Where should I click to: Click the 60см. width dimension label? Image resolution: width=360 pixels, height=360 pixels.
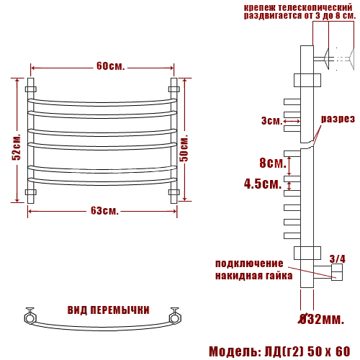pyautogui.click(x=111, y=66)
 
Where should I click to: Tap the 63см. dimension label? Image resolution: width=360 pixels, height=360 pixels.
pyautogui.click(x=104, y=211)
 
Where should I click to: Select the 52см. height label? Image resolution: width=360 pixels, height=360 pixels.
pyautogui.click(x=17, y=147)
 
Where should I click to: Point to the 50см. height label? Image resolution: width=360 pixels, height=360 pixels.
pyautogui.click(x=184, y=148)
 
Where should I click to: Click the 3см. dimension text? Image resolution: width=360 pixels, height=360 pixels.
pyautogui.click(x=272, y=120)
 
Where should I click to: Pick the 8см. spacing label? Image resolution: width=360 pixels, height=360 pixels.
pyautogui.click(x=273, y=163)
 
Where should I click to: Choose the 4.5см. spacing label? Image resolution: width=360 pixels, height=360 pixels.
pyautogui.click(x=263, y=184)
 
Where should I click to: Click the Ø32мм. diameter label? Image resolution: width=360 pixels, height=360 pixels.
pyautogui.click(x=322, y=319)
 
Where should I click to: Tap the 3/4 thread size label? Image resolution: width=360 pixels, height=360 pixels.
pyautogui.click(x=338, y=258)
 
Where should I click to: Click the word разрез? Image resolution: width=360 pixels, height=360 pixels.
pyautogui.click(x=338, y=119)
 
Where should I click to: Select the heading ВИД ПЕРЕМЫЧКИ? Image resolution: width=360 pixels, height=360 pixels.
pyautogui.click(x=109, y=310)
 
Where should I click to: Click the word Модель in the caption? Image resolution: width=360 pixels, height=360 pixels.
pyautogui.click(x=233, y=351)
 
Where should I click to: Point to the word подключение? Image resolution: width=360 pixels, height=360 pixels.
pyautogui.click(x=249, y=264)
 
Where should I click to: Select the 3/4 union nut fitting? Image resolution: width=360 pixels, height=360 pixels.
pyautogui.click(x=337, y=272)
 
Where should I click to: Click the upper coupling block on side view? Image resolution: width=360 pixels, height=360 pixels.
pyautogui.click(x=307, y=80)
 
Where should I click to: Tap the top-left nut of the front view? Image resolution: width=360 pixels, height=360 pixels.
pyautogui.click(x=31, y=89)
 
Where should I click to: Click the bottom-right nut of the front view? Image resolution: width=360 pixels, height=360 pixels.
pyautogui.click(x=174, y=192)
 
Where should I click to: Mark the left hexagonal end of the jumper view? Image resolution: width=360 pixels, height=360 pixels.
pyautogui.click(x=30, y=318)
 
